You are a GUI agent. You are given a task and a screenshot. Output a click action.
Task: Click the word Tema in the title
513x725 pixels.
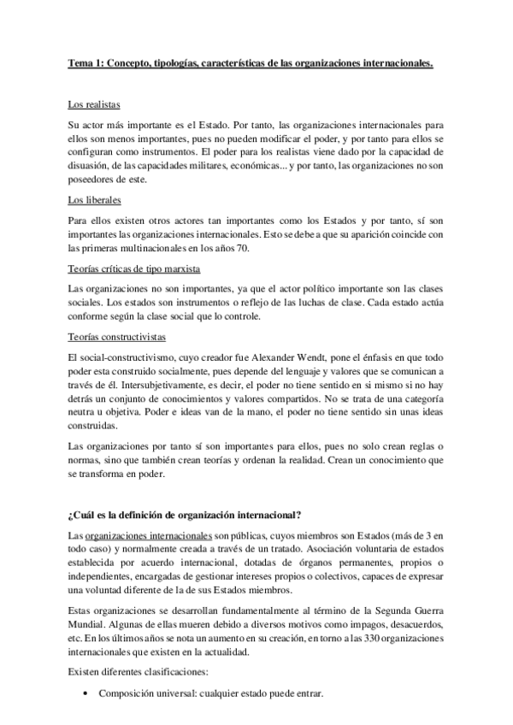point(80,62)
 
